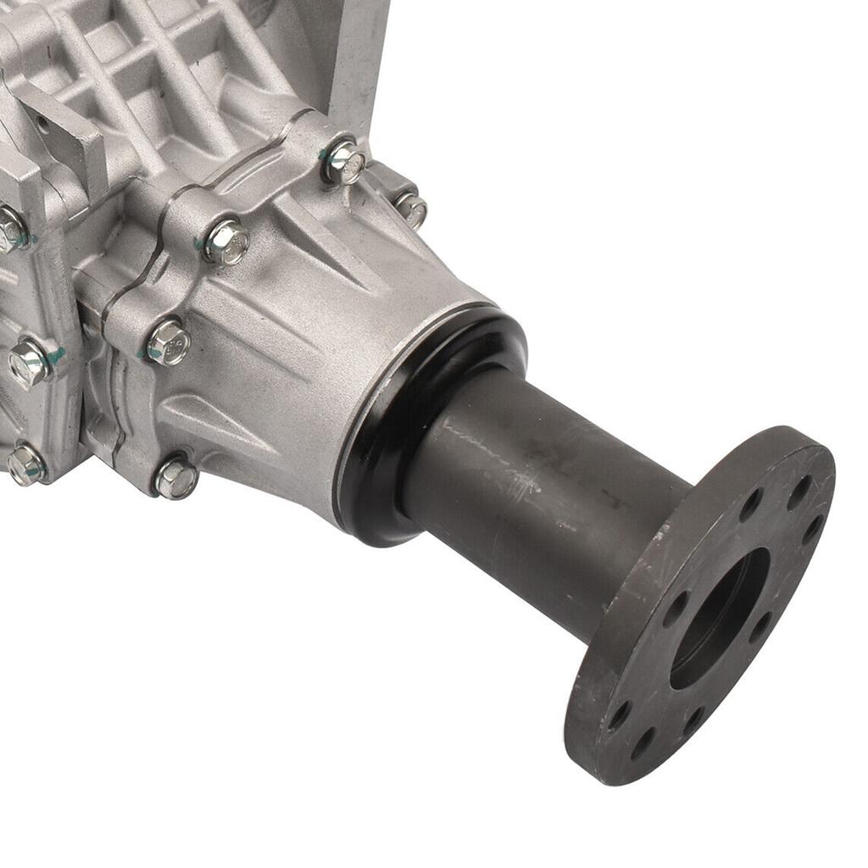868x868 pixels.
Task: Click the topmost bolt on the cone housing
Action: (345, 163)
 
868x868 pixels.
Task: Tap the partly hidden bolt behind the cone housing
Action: (412, 209)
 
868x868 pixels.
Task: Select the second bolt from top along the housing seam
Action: (226, 242)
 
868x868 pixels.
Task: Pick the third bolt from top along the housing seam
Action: (168, 342)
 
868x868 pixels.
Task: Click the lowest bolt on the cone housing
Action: (176, 478)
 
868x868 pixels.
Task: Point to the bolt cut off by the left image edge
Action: (10, 229)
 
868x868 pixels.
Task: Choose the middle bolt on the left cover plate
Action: (30, 363)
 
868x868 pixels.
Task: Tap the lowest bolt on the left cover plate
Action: (25, 465)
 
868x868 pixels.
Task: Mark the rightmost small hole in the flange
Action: (811, 530)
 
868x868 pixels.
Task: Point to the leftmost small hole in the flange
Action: (620, 713)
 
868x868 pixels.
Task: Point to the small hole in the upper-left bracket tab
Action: (42, 125)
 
